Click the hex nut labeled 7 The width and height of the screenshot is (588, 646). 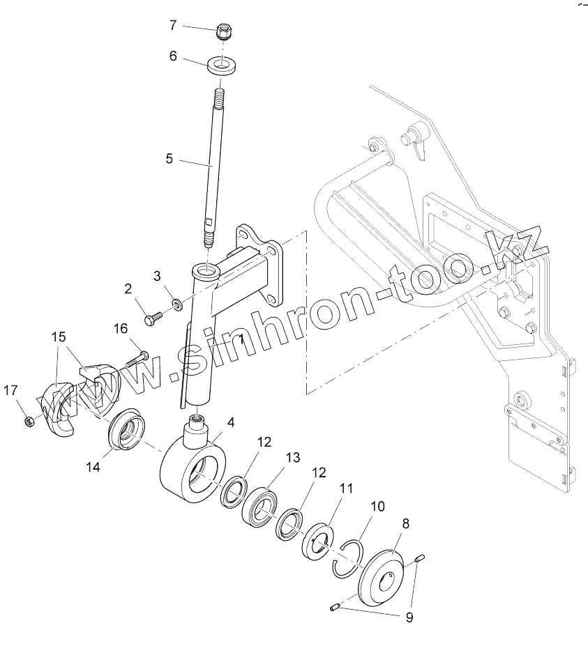pyautogui.click(x=223, y=31)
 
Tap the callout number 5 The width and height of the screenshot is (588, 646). pyautogui.click(x=169, y=158)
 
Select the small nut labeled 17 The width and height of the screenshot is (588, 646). pyautogui.click(x=29, y=421)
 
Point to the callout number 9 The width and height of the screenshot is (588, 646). pyautogui.click(x=409, y=616)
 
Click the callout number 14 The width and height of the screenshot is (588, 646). pyautogui.click(x=93, y=468)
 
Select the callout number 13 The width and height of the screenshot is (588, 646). pyautogui.click(x=292, y=457)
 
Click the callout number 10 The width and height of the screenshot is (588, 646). pyautogui.click(x=377, y=506)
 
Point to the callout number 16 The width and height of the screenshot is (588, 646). pyautogui.click(x=120, y=328)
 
